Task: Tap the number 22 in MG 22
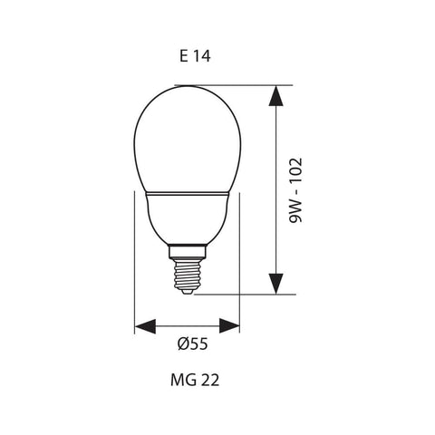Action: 208,381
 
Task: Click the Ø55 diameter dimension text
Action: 192,345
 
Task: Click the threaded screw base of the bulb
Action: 185,268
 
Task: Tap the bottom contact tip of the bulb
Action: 185,290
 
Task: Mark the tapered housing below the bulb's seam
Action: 185,222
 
